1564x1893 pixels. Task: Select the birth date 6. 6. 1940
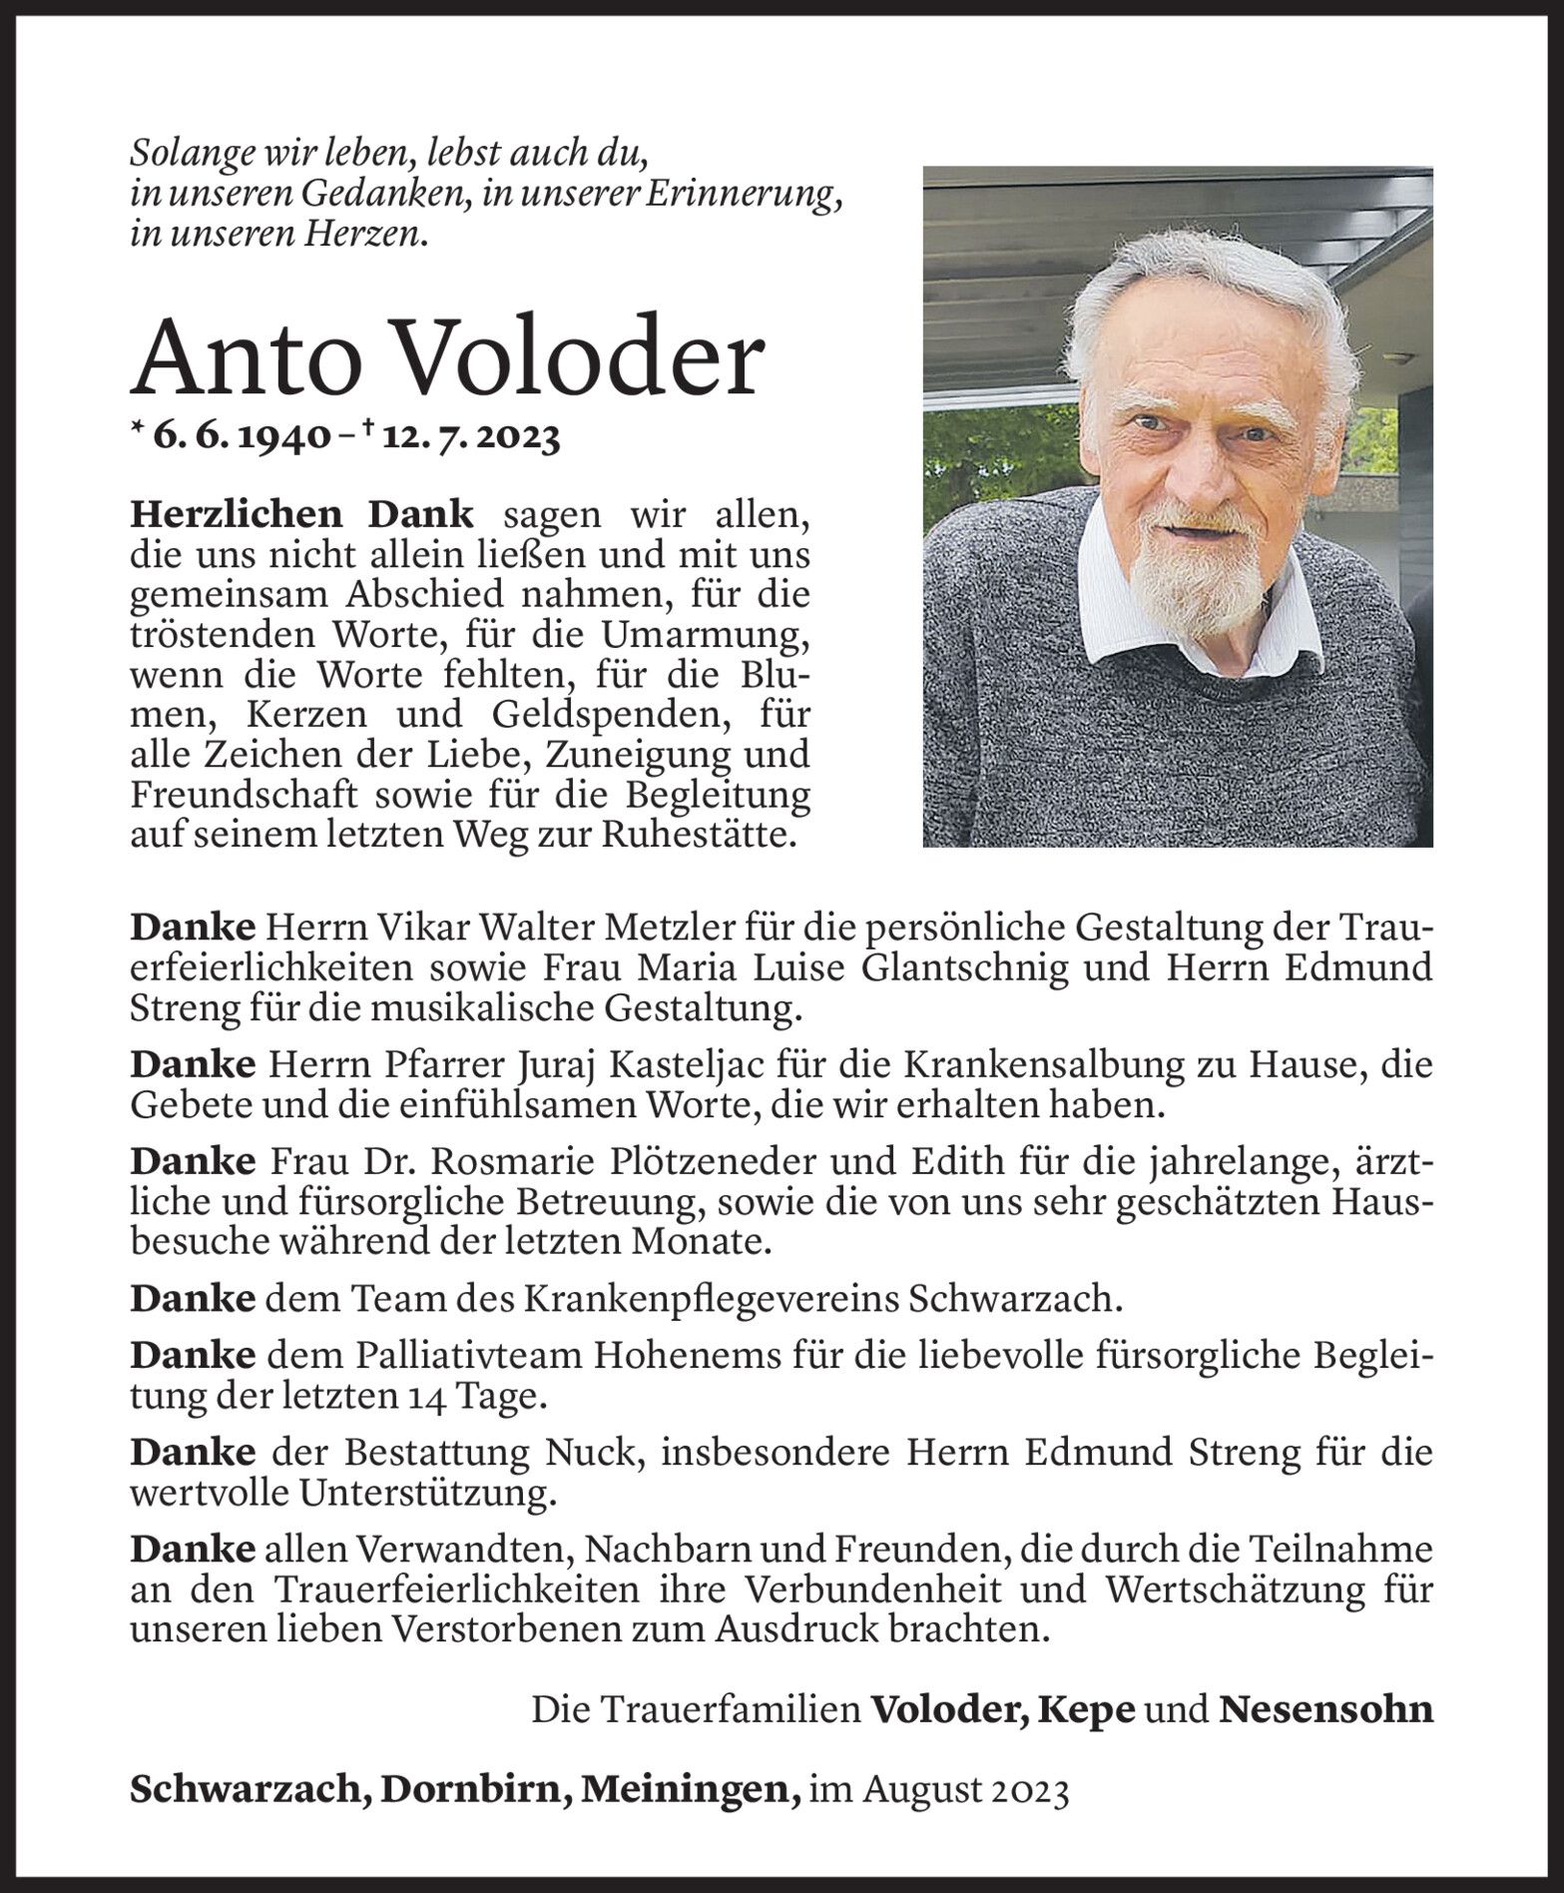point(241,436)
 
